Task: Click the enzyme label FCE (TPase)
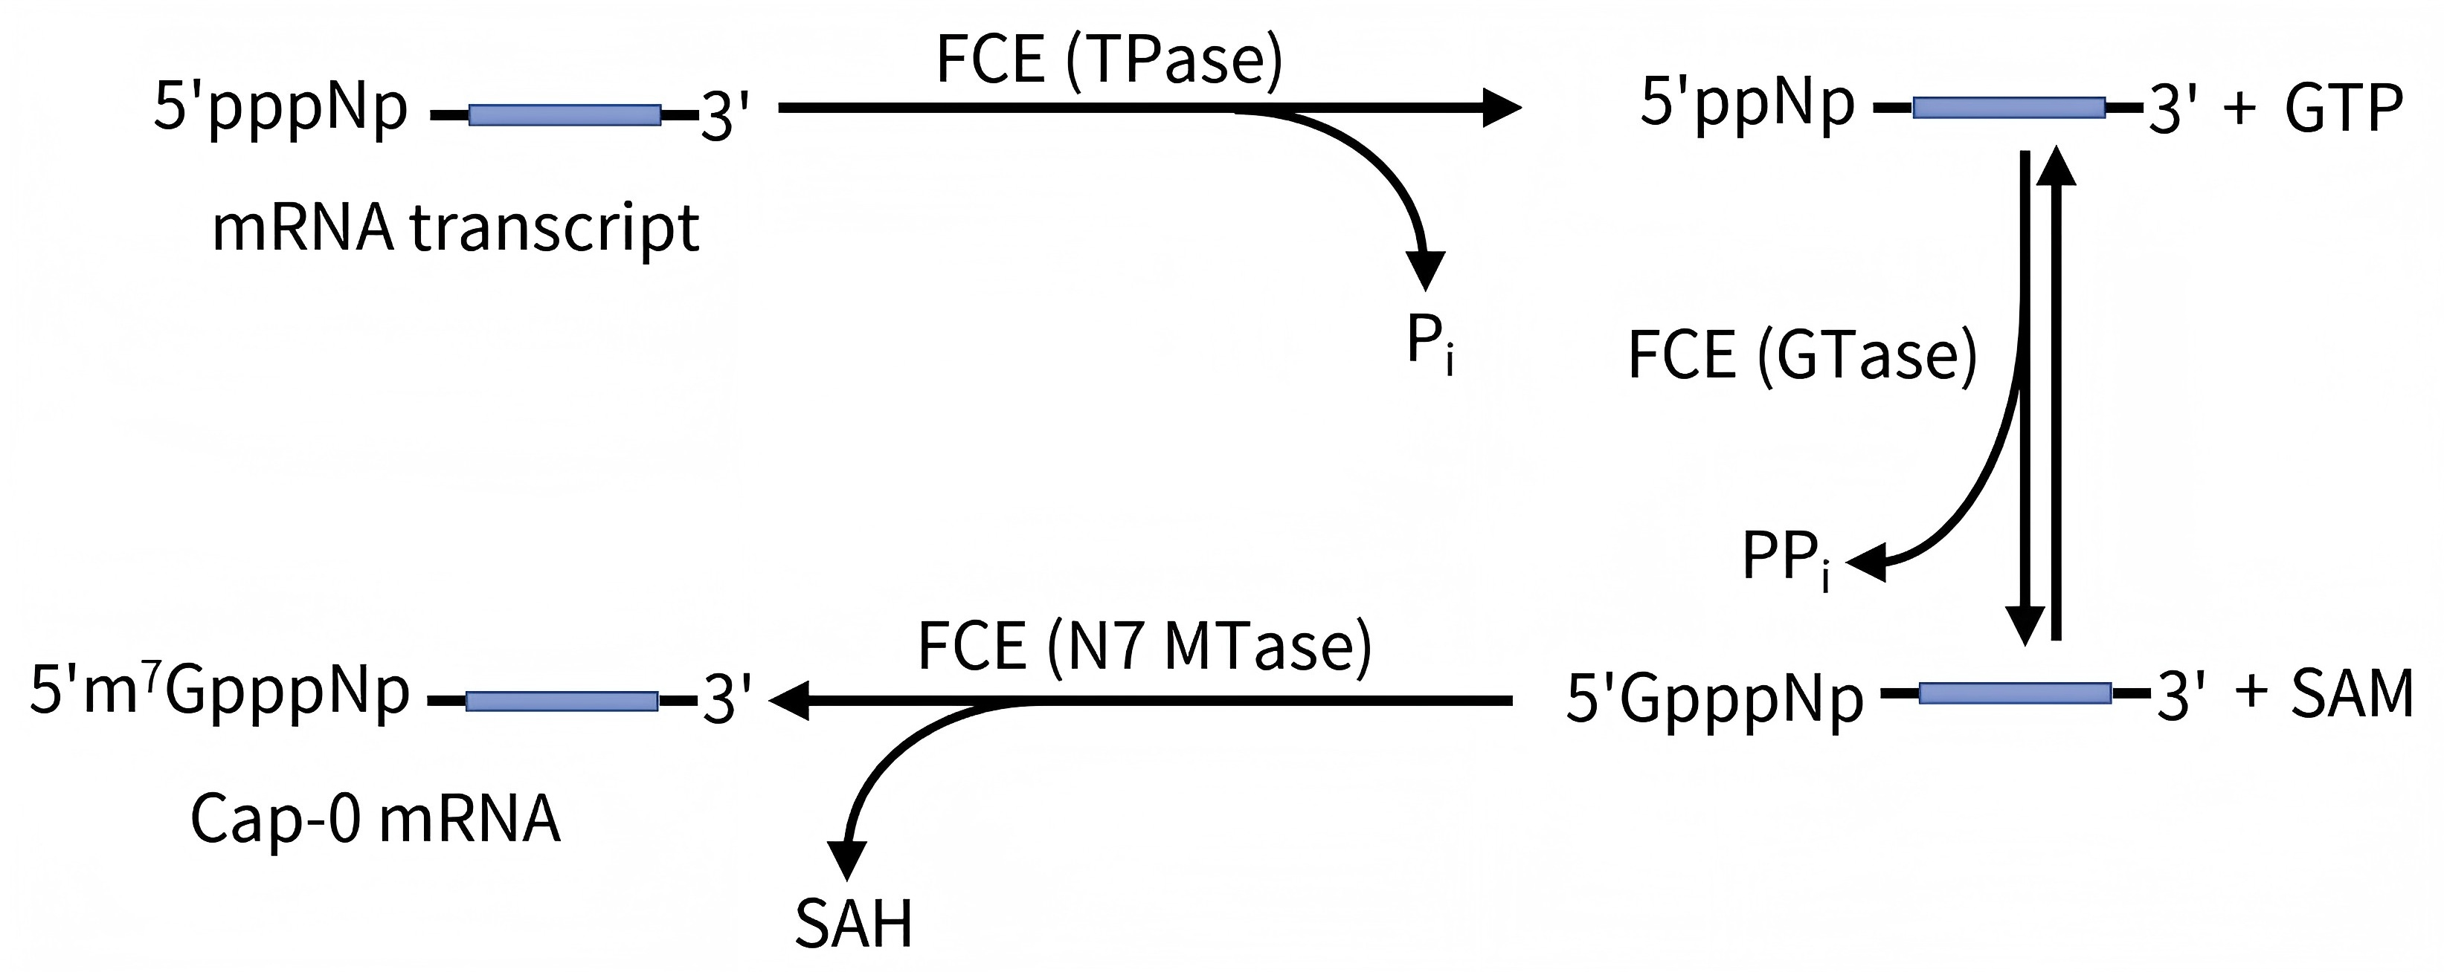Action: point(1108,59)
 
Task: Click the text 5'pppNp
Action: point(281,107)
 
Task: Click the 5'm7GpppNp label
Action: point(220,693)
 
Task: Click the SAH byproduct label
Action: point(853,924)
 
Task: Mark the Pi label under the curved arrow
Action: point(1429,345)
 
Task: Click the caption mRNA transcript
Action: point(455,229)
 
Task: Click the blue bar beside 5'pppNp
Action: point(565,114)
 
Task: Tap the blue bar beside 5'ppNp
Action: point(2008,107)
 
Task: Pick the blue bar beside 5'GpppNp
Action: point(2014,693)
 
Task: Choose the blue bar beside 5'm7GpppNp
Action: point(562,701)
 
